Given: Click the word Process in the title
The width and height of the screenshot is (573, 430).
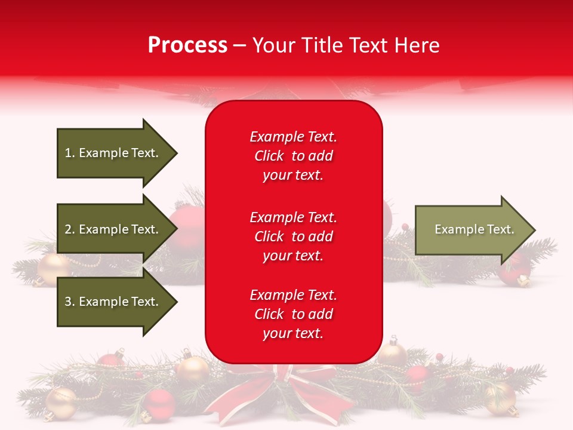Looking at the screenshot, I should (187, 45).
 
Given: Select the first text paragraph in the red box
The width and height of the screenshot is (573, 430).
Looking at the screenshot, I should (293, 156).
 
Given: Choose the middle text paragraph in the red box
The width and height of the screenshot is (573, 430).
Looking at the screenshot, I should (293, 236).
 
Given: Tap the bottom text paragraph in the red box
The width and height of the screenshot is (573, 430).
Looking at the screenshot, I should (293, 314).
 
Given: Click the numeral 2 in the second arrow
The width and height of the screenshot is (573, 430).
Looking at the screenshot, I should (68, 229).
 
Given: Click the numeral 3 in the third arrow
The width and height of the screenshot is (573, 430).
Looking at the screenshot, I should (68, 302).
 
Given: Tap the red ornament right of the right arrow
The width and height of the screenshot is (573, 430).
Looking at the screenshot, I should (515, 269).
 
